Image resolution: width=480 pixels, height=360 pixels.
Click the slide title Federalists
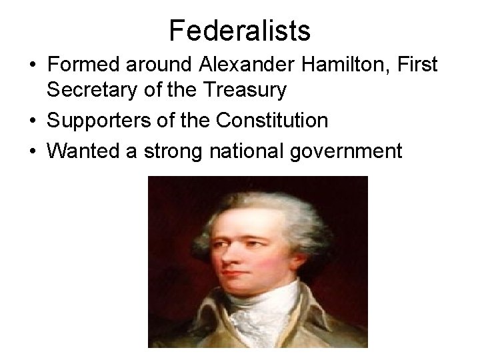239,31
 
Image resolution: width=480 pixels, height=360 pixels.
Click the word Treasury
249,89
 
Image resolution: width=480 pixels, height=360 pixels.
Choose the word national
248,152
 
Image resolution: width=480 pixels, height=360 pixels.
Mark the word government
347,152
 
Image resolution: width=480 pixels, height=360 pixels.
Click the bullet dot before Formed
32,66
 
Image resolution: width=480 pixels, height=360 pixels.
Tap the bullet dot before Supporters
32,121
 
